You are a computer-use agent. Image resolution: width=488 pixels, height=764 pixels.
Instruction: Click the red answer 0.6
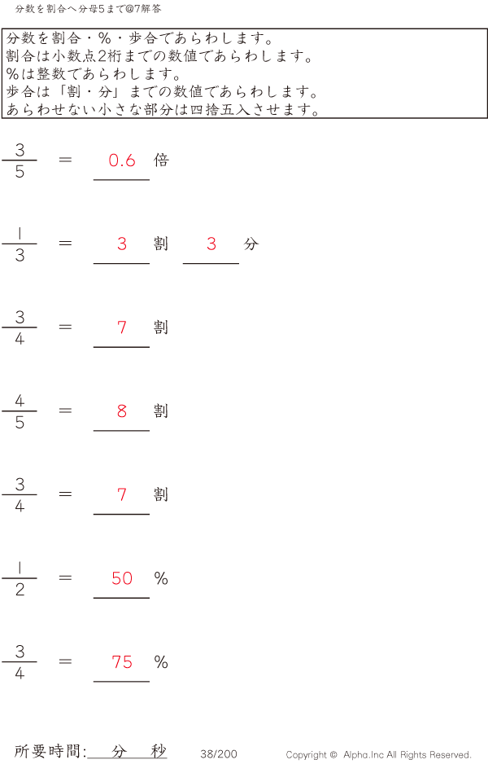coord(122,160)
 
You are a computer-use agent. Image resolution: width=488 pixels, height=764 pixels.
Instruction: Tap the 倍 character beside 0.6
coord(161,160)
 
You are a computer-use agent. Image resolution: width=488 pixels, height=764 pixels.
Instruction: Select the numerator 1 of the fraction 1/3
coord(20,234)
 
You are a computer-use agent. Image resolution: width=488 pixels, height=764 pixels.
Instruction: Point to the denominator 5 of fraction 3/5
coord(20,172)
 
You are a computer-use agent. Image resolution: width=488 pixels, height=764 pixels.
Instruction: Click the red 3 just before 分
coord(211,244)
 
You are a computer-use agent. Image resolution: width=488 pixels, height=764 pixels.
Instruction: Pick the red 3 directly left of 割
coord(122,244)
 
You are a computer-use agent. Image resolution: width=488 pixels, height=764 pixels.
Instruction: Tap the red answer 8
coord(122,411)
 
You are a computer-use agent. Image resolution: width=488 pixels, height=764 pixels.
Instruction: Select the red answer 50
coord(122,578)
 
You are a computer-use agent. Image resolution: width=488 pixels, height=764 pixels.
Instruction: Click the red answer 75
coord(122,662)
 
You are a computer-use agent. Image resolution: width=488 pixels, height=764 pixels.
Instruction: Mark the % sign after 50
coord(161,578)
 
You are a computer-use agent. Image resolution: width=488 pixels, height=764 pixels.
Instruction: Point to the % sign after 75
coord(161,662)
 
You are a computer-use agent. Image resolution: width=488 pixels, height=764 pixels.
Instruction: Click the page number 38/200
coord(219,754)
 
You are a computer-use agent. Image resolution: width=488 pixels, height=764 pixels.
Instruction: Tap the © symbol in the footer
coord(333,755)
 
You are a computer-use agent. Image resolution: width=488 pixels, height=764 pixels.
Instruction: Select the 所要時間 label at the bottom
coord(46,751)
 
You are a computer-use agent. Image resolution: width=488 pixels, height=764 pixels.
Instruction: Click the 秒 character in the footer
coord(158,751)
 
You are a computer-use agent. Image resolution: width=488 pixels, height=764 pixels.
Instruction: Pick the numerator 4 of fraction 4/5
coord(20,401)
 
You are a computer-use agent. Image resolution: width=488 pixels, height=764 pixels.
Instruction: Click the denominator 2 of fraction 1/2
coord(20,590)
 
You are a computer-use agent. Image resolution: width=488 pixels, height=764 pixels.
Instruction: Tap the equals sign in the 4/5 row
coord(65,411)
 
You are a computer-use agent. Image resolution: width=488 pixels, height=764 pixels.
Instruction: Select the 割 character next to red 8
coord(161,411)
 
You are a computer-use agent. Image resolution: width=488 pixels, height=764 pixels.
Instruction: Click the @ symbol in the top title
coord(130,9)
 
